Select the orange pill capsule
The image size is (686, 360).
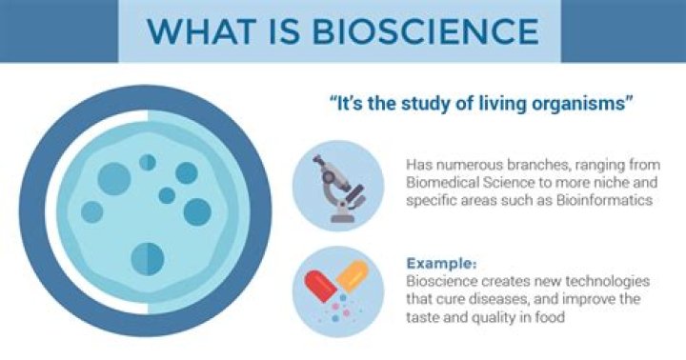(x=350, y=277)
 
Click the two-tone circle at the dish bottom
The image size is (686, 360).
(x=147, y=256)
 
